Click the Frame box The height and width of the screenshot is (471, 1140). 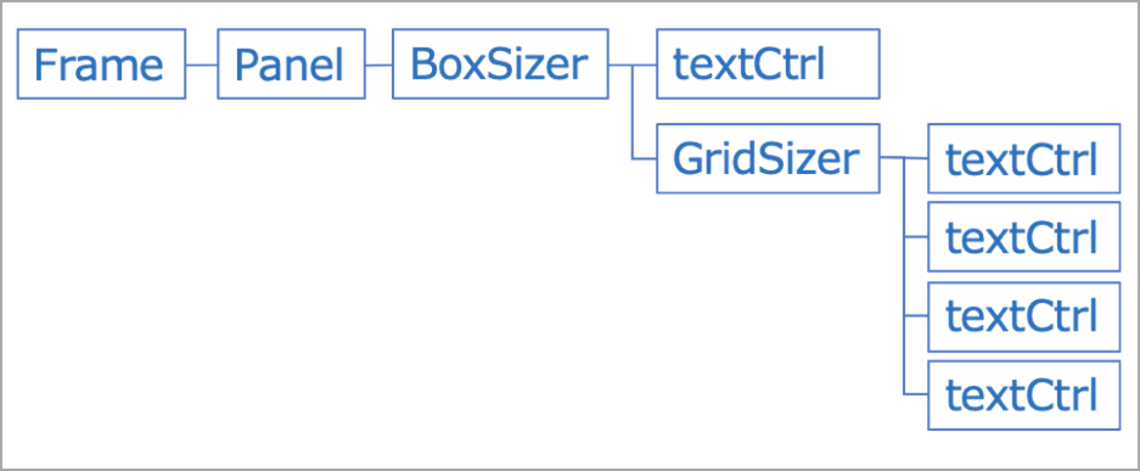(101, 64)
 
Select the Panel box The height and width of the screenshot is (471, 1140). (291, 64)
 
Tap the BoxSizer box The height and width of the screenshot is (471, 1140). (500, 64)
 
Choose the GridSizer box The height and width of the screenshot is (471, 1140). (768, 159)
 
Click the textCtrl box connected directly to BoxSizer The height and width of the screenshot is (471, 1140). (768, 64)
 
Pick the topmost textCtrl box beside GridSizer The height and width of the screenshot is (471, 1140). (1024, 159)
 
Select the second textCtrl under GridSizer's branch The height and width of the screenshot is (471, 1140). (1024, 237)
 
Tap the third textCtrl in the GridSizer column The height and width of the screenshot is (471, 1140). (1024, 316)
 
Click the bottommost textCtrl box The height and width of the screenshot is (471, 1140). (1024, 395)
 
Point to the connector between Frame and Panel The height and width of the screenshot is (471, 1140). (201, 64)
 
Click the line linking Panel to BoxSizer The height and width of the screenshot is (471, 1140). (378, 65)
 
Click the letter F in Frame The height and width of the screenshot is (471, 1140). (44, 64)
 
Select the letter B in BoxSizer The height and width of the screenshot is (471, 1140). (423, 64)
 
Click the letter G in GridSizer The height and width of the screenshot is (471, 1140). (687, 159)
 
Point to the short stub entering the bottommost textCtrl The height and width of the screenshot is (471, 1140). (916, 394)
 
